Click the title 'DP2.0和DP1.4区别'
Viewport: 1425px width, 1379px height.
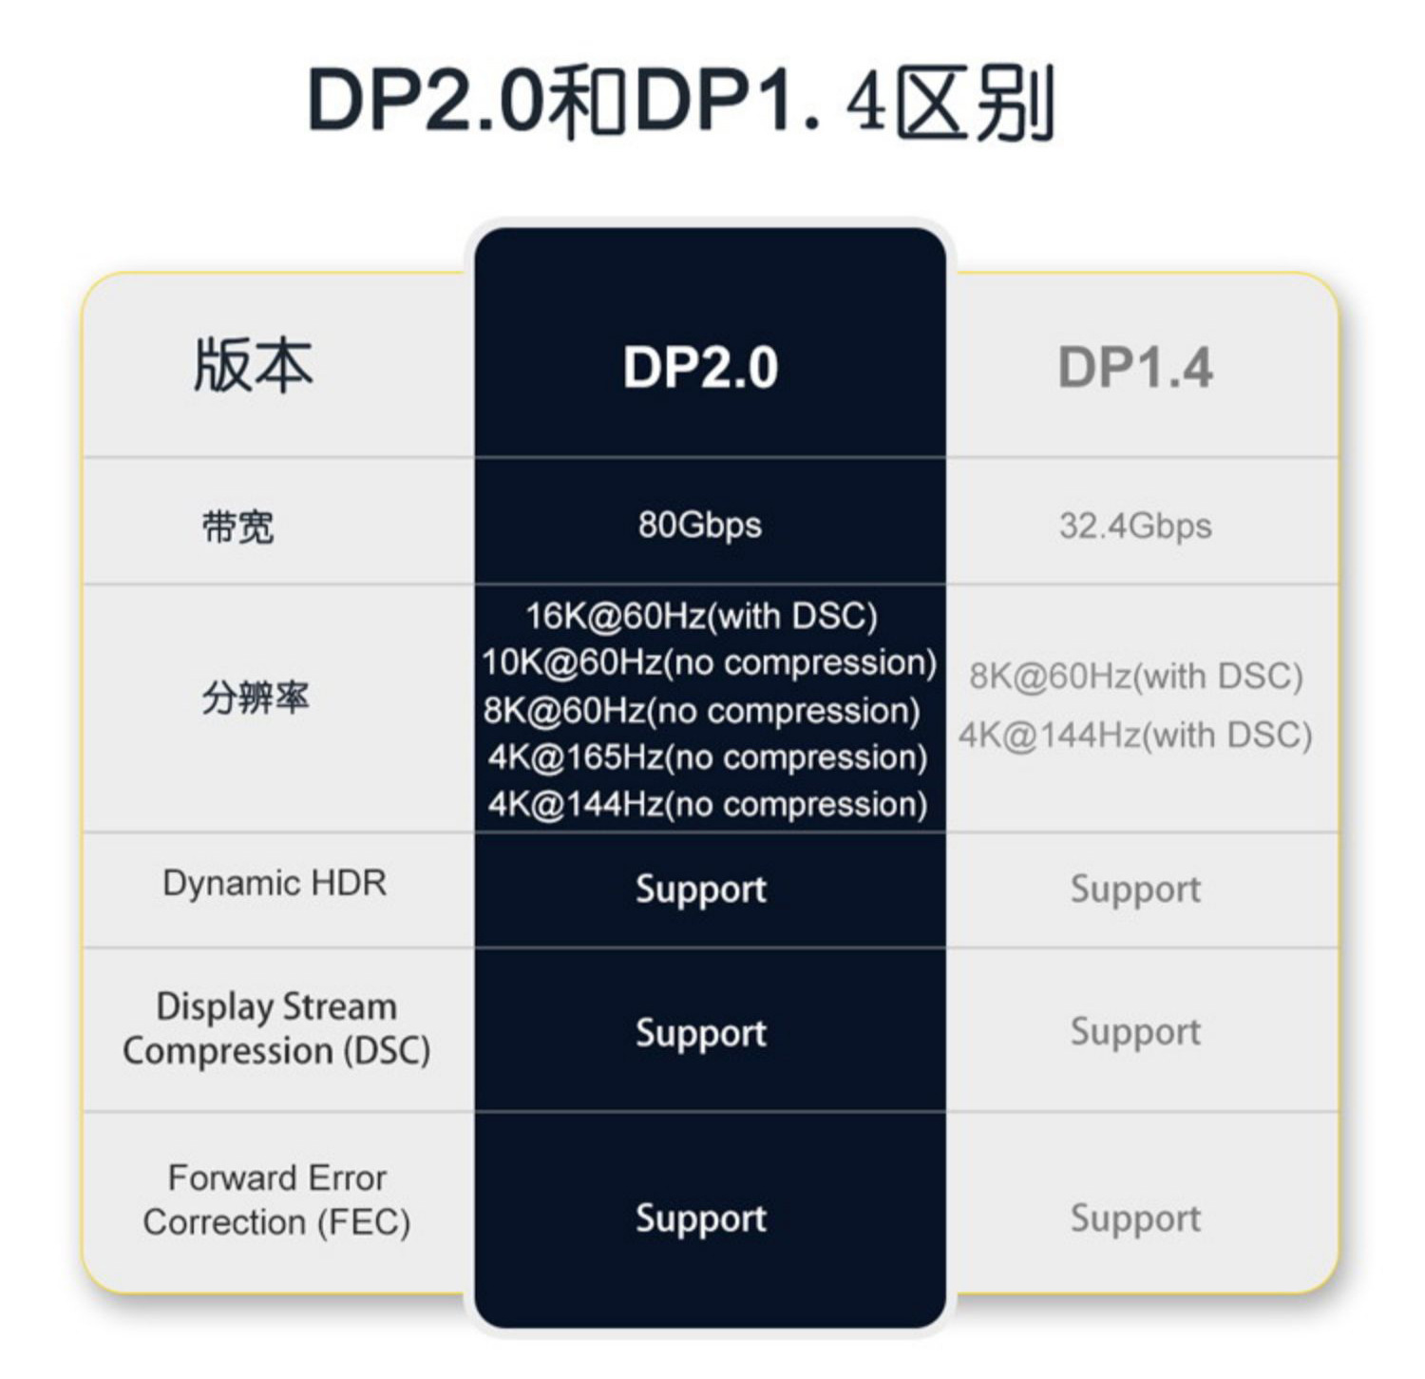click(680, 102)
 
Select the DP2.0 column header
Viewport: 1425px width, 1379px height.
click(701, 368)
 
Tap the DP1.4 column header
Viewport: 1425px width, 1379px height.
click(1135, 368)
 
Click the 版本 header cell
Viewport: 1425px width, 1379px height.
click(253, 366)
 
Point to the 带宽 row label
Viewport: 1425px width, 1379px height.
click(237, 527)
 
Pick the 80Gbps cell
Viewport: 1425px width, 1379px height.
click(700, 526)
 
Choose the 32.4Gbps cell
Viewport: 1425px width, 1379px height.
click(1135, 526)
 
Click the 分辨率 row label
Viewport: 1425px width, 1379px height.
click(256, 699)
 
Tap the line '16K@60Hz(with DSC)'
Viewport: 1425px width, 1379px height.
click(701, 616)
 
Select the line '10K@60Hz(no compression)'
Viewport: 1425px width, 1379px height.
click(709, 662)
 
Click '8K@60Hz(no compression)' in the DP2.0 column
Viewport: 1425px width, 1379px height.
click(701, 711)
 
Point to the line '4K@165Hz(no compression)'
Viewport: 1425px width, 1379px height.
click(708, 757)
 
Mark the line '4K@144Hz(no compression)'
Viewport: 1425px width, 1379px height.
click(708, 804)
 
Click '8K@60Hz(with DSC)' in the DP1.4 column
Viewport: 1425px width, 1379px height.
click(1136, 676)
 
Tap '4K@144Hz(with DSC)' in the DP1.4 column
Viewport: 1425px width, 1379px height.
click(1135, 735)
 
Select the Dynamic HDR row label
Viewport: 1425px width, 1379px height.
click(275, 883)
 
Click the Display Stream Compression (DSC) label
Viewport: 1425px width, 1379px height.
click(276, 1029)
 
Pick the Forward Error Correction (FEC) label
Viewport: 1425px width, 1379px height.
click(276, 1200)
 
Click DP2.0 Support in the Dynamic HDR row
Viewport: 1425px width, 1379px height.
click(701, 890)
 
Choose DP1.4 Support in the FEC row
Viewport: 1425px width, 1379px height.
click(1135, 1218)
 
